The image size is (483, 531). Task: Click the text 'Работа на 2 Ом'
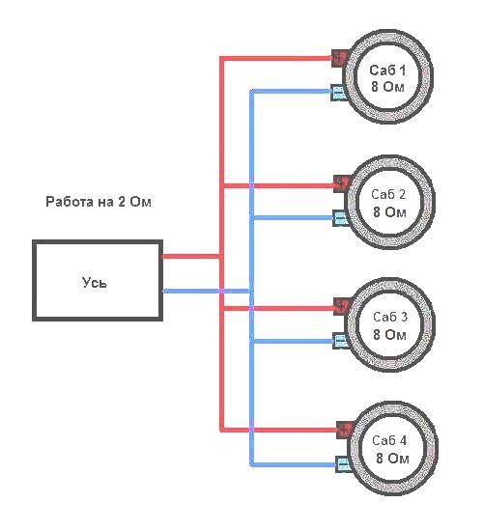click(x=99, y=202)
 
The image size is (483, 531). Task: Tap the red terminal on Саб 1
click(x=340, y=58)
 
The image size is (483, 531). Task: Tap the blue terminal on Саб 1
click(x=339, y=92)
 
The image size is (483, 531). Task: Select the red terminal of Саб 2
click(x=341, y=184)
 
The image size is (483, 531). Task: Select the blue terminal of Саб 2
click(x=340, y=218)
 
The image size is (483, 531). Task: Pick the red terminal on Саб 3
click(x=342, y=306)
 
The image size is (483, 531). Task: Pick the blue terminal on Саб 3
click(x=341, y=341)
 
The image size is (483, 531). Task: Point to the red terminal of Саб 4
click(x=344, y=430)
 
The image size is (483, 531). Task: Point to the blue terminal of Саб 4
click(x=343, y=464)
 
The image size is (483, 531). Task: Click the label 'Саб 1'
click(x=387, y=70)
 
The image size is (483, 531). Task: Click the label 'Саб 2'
click(x=388, y=194)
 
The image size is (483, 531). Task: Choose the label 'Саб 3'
click(x=390, y=317)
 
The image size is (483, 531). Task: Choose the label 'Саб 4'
click(x=389, y=440)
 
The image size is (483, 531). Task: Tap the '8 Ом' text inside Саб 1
click(x=388, y=87)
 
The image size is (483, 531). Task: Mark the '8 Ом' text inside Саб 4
click(x=392, y=459)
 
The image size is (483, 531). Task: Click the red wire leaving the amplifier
click(x=192, y=257)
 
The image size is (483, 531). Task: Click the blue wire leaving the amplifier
click(x=207, y=291)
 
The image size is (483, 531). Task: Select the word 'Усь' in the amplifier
click(x=95, y=282)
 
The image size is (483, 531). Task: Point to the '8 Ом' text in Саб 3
click(x=390, y=335)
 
